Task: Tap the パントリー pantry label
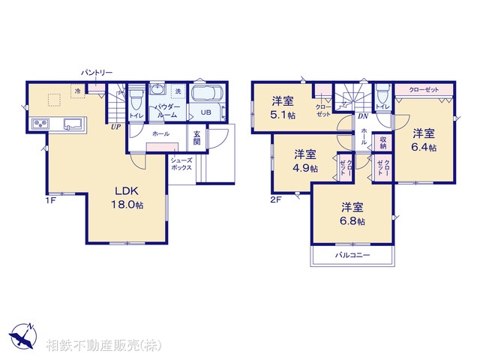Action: click(x=97, y=73)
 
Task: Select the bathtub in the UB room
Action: click(x=204, y=96)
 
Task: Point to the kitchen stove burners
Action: click(x=40, y=124)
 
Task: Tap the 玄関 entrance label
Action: click(x=196, y=137)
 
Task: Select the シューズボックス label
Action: click(x=182, y=164)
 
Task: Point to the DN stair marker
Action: click(x=361, y=117)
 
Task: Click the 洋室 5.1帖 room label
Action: click(x=283, y=108)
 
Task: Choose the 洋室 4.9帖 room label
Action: click(x=305, y=161)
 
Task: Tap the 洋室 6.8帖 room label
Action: click(x=352, y=214)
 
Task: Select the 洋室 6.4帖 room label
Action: click(x=424, y=140)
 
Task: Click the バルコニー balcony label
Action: click(x=352, y=255)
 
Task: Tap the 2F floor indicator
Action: click(x=275, y=200)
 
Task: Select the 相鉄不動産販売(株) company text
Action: click(x=103, y=345)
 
